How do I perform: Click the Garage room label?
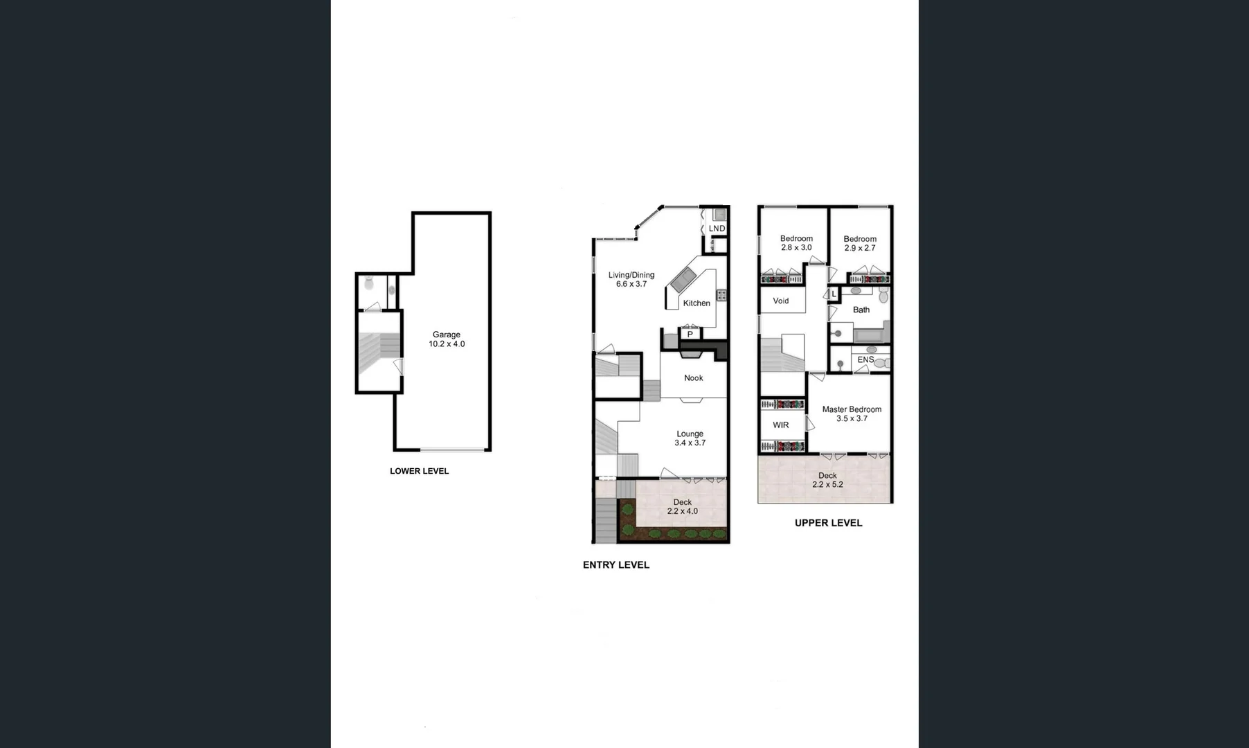click(447, 335)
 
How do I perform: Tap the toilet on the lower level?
click(369, 283)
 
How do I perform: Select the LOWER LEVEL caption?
click(419, 471)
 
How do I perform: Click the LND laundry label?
click(717, 229)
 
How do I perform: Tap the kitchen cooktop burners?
click(721, 295)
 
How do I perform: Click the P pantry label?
click(690, 335)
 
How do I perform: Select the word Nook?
click(693, 378)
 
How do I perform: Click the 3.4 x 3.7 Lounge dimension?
click(690, 443)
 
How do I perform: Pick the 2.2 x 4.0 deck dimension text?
click(682, 512)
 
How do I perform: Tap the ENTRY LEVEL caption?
click(615, 565)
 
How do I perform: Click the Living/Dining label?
click(631, 275)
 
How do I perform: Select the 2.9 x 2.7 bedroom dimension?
click(860, 248)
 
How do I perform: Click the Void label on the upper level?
click(780, 301)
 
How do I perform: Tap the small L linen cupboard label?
click(834, 295)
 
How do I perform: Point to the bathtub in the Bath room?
click(872, 337)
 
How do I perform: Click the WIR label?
click(780, 425)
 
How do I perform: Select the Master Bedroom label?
click(852, 409)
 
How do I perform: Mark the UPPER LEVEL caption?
click(828, 523)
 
